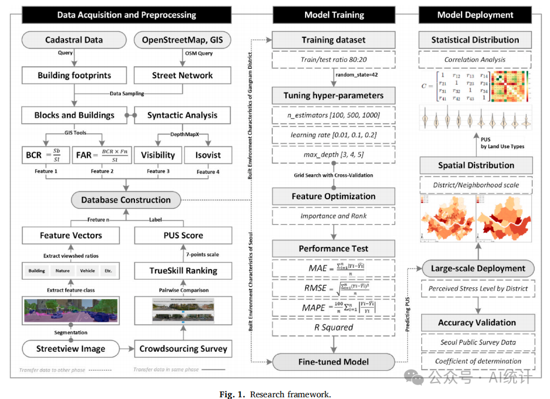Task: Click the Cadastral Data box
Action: click(74, 40)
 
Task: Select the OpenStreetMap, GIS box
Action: click(182, 40)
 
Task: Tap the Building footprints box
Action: click(74, 75)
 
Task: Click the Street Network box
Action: click(182, 75)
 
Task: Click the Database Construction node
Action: click(125, 200)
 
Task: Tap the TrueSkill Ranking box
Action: click(183, 271)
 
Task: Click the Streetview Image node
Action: click(71, 348)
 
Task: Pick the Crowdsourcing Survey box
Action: click(183, 348)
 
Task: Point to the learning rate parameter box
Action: click(333, 136)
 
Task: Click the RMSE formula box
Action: click(333, 288)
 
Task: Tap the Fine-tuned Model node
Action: click(333, 362)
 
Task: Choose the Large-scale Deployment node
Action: click(478, 268)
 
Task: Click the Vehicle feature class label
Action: click(87, 271)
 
